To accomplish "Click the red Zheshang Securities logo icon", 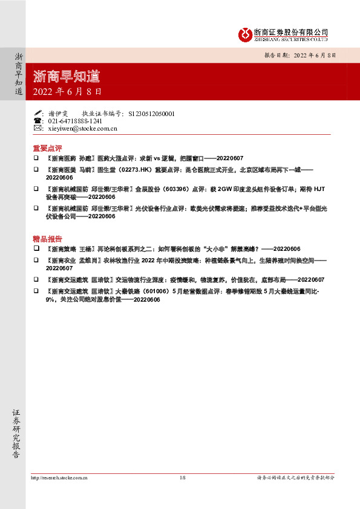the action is pos(245,34).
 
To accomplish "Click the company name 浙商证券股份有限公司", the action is pos(290,31).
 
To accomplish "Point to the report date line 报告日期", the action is pos(300,54).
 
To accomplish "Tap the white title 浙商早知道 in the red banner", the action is pos(67,76).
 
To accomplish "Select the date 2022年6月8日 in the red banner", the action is pos(67,92).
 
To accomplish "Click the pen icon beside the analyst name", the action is pos(38,113).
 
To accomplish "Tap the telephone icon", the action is pos(38,121).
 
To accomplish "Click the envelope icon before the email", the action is pos(38,128).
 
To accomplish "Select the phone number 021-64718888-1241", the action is pos(79,121).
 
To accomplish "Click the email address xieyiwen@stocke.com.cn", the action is pos(82,128).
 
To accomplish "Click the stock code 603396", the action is pos(175,190).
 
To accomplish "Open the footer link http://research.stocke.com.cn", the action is pos(59,478).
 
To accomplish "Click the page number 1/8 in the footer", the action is pos(182,478).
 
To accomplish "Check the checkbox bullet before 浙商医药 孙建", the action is pos(36,157).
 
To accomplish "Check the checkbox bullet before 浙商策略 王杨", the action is pos(36,248).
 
